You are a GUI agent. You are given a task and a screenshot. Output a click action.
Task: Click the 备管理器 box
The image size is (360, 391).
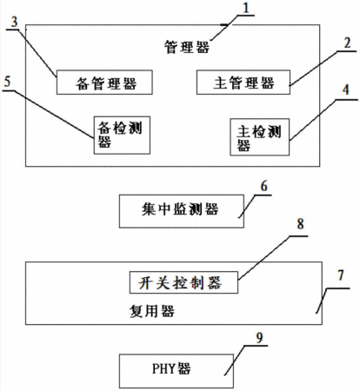104,83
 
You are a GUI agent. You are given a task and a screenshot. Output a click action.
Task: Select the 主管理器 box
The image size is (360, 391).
243,83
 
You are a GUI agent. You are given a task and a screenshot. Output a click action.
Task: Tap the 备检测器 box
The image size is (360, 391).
122,135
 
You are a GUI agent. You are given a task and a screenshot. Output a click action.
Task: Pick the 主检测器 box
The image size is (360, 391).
259,136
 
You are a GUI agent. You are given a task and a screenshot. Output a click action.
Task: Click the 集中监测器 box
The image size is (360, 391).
182,211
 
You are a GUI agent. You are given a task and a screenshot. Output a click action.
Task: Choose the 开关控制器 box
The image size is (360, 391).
183,282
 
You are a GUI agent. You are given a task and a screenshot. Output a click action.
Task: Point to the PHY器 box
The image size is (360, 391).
177,371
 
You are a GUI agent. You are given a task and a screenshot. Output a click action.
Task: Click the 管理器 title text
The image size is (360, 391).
187,47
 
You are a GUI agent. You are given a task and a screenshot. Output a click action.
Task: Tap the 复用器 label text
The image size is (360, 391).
151,311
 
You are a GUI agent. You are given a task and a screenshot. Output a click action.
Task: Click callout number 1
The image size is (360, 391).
246,8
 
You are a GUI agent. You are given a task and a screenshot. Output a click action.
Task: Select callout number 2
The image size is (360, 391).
347,43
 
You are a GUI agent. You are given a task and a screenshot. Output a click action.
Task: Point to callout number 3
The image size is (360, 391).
14,22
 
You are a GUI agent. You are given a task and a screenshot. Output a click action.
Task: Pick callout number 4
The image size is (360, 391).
345,90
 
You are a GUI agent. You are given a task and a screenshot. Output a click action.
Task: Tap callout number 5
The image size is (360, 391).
7,82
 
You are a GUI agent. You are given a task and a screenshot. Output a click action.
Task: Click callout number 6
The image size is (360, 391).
263,186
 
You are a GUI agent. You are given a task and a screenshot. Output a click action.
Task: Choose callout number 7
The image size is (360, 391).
341,275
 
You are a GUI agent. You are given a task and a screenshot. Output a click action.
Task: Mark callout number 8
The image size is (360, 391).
300,224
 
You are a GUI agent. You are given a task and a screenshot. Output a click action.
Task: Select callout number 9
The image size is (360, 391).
259,338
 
